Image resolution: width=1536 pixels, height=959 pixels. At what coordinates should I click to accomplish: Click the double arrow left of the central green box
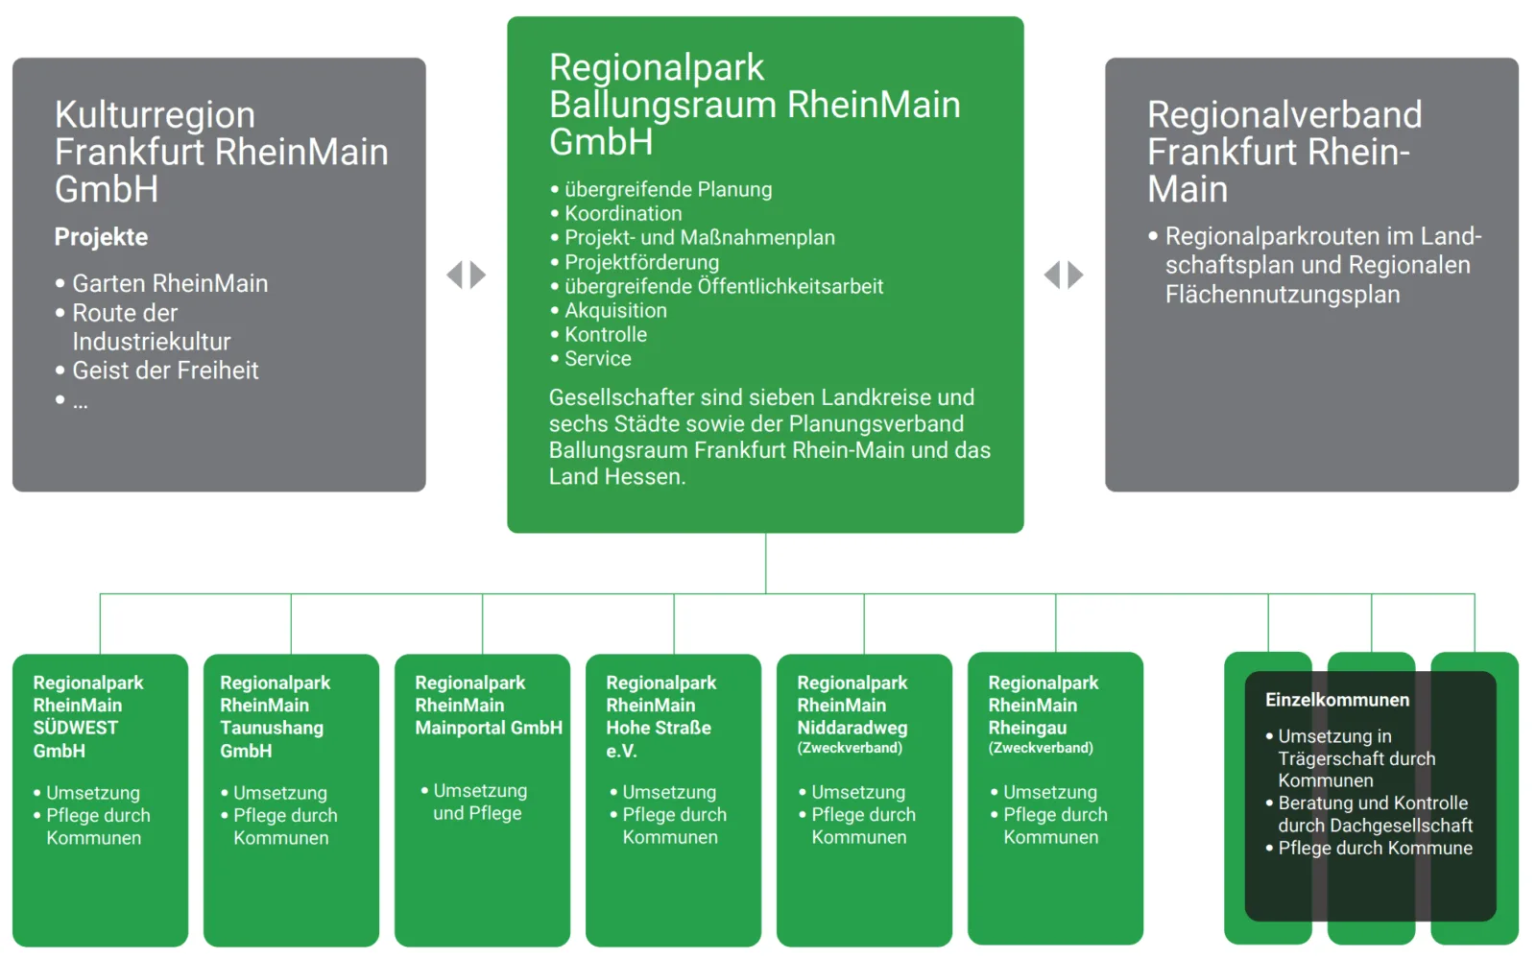coord(467,276)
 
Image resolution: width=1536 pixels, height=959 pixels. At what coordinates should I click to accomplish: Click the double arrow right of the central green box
coord(1064,276)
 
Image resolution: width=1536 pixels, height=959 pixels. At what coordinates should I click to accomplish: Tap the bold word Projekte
coord(101,237)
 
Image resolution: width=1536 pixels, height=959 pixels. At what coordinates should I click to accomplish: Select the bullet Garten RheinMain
coord(170,283)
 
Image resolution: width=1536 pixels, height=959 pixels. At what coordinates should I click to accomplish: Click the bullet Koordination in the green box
coord(623,213)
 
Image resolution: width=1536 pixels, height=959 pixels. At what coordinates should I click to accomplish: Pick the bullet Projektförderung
coord(641,262)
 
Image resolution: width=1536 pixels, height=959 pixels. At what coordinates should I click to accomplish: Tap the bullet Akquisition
coord(615,310)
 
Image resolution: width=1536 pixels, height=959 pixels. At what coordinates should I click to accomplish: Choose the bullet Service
coord(597,358)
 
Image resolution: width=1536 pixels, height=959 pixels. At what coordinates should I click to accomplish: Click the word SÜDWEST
coord(76,728)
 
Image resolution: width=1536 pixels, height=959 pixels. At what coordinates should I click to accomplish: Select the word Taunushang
coord(272,728)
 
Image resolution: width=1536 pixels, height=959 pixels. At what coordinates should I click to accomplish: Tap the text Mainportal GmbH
coord(489,728)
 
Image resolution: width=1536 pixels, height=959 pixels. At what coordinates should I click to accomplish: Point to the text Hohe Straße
coord(659,728)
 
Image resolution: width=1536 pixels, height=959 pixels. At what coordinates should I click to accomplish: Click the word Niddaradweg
coord(852,728)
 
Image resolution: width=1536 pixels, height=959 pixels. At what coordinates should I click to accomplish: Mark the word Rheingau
coord(1027,728)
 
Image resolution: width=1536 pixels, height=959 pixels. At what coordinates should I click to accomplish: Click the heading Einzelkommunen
coord(1337,700)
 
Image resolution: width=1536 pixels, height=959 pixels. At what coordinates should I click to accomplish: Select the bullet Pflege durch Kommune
coord(1375,848)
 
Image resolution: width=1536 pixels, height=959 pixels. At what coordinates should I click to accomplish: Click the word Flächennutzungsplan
coord(1283,295)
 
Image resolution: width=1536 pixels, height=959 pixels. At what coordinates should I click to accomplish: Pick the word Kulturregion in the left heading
coord(155,115)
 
